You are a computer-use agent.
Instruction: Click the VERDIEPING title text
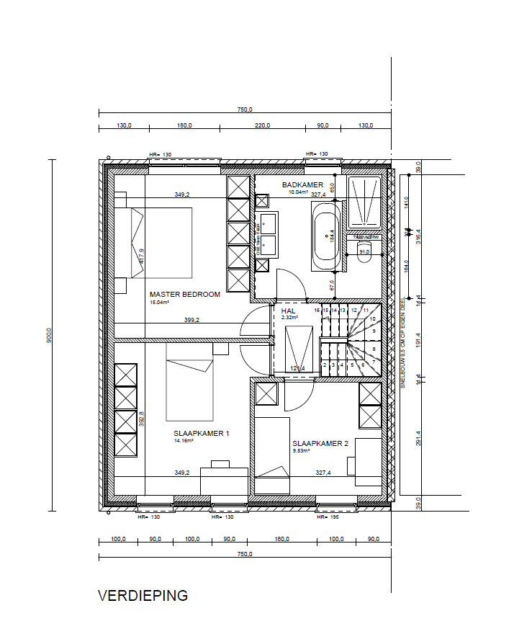tap(143, 596)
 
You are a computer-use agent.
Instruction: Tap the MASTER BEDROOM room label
tap(184, 294)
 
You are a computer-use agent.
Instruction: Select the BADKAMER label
tap(302, 184)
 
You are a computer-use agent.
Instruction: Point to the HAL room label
tap(288, 311)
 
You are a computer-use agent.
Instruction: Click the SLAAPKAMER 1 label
tap(201, 434)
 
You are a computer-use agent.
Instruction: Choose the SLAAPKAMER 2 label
tap(320, 444)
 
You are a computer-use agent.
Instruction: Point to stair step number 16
tap(317, 310)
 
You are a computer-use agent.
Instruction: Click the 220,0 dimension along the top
tap(263, 126)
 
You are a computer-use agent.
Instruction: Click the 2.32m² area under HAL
tap(289, 318)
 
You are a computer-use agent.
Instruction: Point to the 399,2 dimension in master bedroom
tap(191, 320)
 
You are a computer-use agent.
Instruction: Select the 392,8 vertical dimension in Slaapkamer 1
tap(142, 419)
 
